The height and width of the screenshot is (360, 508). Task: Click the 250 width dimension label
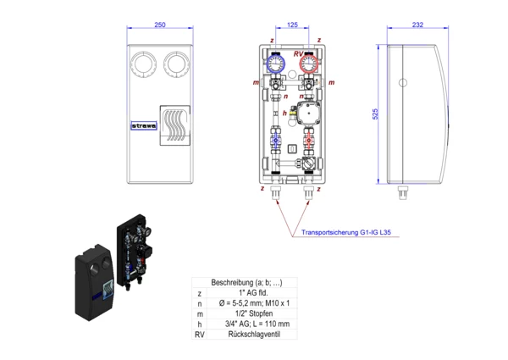pos(161,25)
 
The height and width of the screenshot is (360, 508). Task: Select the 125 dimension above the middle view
pos(292,25)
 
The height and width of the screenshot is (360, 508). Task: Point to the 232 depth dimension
pos(417,25)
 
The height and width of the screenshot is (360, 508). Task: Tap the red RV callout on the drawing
pos(297,54)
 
